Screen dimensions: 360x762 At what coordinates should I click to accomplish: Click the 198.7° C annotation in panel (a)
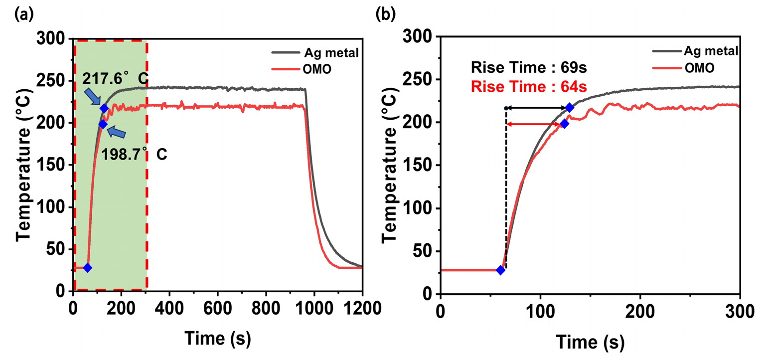tap(134, 155)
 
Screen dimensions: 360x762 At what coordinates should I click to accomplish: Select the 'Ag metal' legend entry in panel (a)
tap(331, 53)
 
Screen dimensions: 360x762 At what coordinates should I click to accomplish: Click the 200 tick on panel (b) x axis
tap(640, 309)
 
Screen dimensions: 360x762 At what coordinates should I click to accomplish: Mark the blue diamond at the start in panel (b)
tap(501, 270)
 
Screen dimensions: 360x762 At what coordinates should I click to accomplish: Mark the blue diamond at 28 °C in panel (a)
tap(88, 268)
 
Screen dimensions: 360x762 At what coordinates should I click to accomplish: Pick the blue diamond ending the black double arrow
tap(570, 108)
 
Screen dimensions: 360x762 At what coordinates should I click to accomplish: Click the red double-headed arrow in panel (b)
tap(534, 124)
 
